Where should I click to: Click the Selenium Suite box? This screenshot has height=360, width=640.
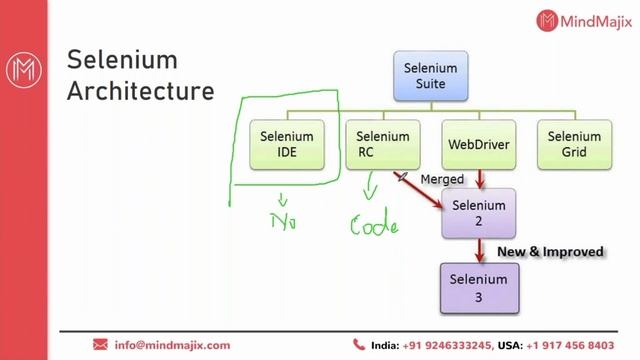430,76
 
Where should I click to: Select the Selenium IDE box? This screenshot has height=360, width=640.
287,145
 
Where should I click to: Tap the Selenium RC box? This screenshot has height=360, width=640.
383,145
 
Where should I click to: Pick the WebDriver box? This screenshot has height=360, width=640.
478,145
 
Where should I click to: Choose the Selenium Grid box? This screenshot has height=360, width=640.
574,145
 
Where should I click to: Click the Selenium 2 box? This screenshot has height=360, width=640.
478,213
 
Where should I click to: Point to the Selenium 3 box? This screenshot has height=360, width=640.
478,287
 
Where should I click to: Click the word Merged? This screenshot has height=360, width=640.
442,178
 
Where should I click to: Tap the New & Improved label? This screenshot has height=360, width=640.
550,252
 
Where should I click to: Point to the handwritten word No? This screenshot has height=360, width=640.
286,219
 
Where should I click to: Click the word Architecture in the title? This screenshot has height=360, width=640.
140,91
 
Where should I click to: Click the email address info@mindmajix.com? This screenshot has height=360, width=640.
172,345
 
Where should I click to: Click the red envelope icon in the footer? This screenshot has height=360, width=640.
99,345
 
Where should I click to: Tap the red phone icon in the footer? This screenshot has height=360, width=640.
359,345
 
